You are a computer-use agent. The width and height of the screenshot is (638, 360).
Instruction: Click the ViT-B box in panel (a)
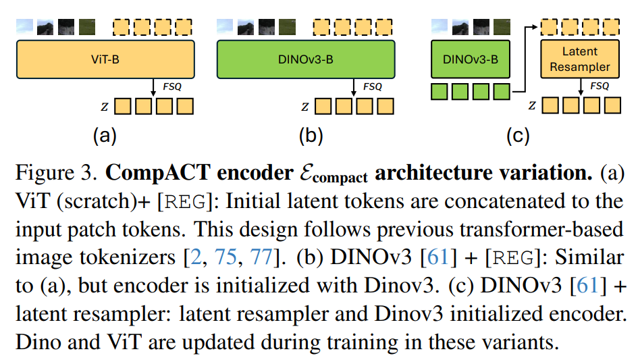105,59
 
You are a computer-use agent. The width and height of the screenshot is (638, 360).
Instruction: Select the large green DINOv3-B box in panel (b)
307,59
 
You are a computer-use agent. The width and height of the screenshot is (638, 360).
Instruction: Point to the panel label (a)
105,136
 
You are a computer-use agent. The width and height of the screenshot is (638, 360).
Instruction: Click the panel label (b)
311,136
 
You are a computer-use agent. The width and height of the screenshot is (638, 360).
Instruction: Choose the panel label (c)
517,136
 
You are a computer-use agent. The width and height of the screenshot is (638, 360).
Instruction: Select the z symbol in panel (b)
305,107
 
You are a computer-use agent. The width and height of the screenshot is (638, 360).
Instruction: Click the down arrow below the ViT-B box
155,86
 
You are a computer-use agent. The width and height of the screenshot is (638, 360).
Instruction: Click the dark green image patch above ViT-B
86,26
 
